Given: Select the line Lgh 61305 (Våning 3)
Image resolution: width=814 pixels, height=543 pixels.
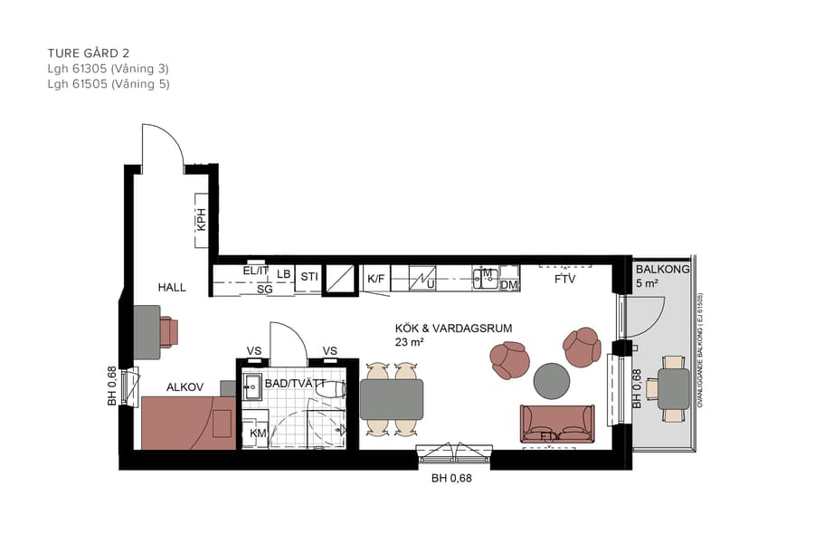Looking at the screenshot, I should click(x=108, y=68).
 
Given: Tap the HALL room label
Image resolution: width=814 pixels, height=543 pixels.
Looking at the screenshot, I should click(x=171, y=288).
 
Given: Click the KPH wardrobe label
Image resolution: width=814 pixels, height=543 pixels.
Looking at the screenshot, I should click(x=202, y=219).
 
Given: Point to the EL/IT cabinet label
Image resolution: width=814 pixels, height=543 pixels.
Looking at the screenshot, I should click(x=256, y=271).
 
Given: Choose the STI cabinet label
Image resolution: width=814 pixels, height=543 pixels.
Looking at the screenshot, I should click(x=309, y=275).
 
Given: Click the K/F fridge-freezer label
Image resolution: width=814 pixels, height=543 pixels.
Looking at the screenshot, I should click(x=375, y=277).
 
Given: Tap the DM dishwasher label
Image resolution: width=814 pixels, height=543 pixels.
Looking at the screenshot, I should click(x=509, y=285).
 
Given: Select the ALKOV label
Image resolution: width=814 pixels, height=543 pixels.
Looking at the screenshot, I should click(x=185, y=386).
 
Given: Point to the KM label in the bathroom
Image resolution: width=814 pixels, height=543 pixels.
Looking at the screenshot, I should click(x=258, y=434).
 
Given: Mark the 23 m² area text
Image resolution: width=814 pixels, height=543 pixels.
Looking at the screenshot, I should click(x=411, y=342).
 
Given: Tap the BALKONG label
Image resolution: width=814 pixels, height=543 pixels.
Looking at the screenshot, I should click(x=662, y=270).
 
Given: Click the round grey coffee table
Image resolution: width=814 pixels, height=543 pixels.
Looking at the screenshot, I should click(x=551, y=380).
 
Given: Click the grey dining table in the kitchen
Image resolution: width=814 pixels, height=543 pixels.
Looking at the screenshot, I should click(x=392, y=399).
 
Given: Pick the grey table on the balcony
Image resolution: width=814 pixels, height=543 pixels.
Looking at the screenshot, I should click(x=674, y=389).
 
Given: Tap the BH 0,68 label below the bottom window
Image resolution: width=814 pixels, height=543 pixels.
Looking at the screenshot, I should click(x=451, y=479).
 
